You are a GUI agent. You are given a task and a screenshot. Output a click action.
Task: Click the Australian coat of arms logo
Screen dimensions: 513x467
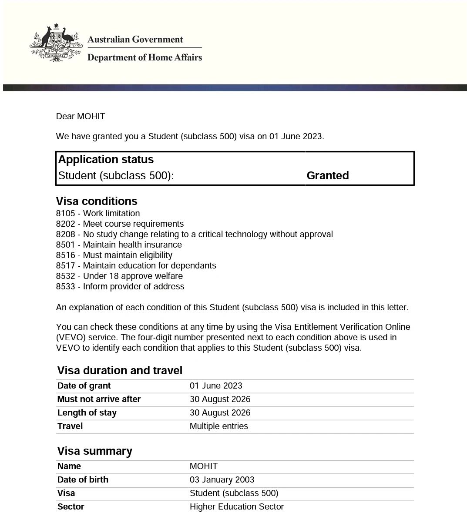[x=56, y=44]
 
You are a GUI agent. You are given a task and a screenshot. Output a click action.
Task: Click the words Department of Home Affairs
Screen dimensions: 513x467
[x=144, y=57]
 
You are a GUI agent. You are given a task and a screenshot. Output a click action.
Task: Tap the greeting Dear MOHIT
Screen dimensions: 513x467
[x=81, y=116]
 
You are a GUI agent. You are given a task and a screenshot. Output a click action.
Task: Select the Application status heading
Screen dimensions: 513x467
[x=106, y=159]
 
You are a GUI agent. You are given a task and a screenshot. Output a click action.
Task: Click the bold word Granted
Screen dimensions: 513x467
[x=327, y=175]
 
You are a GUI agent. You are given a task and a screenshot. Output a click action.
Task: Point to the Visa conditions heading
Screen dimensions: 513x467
[x=97, y=201]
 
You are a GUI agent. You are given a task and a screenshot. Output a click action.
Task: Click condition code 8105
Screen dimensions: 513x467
[x=65, y=213]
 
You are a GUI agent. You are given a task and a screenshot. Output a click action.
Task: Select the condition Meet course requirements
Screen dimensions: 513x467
[x=133, y=224]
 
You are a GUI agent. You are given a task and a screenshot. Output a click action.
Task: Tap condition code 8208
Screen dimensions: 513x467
[x=65, y=234]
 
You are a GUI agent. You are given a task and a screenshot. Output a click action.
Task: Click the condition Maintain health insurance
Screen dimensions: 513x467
[x=132, y=245]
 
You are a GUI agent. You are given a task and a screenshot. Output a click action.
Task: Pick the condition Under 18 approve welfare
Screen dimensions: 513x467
[x=133, y=276]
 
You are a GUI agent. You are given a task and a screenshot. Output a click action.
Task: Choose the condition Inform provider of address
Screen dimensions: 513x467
[x=134, y=286]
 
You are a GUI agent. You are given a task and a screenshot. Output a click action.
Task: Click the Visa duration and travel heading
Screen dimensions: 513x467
[x=120, y=370]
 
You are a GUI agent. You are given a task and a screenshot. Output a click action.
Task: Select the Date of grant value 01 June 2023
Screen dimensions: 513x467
[x=216, y=386]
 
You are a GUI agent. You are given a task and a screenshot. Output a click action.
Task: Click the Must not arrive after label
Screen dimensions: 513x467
[x=99, y=399]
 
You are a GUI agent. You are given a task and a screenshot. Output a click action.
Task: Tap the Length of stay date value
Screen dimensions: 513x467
[x=220, y=412]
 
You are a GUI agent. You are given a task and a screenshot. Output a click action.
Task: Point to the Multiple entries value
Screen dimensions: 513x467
[x=218, y=426]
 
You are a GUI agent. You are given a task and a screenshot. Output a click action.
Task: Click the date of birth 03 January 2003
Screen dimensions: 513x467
[x=222, y=479]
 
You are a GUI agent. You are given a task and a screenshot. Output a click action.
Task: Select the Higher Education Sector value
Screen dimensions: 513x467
[x=236, y=506]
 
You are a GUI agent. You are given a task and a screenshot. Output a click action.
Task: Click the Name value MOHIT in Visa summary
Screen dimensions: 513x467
[x=203, y=466]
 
